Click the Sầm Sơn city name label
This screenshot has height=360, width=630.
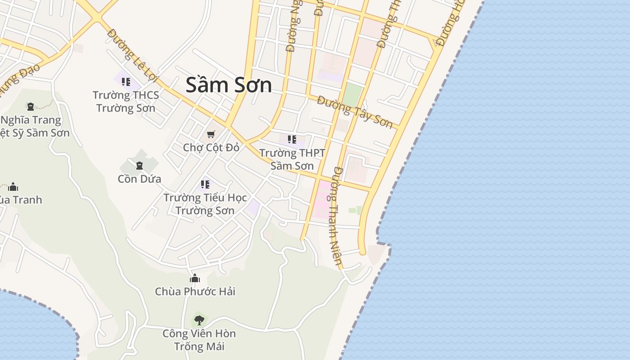(x=229, y=85)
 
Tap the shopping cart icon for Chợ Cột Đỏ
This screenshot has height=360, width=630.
(x=211, y=134)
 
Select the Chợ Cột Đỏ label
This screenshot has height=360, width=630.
(x=211, y=147)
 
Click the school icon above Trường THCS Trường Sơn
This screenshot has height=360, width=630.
(x=126, y=82)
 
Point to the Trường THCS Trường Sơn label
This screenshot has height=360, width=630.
(x=126, y=101)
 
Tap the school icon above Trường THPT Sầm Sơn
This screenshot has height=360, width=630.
(x=292, y=139)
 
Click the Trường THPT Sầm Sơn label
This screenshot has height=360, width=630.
(x=292, y=159)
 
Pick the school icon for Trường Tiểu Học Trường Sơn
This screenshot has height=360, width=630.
(x=205, y=184)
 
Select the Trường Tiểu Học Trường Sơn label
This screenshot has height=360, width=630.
(x=205, y=204)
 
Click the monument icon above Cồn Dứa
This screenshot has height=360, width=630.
(x=139, y=166)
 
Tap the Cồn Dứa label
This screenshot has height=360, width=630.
(x=139, y=179)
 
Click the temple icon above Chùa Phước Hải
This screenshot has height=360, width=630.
(x=195, y=279)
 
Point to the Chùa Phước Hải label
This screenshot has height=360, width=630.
(x=195, y=292)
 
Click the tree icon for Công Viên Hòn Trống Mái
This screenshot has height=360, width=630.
(x=199, y=320)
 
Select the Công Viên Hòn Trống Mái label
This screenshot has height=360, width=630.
(x=199, y=340)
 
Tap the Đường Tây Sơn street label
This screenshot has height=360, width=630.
(x=355, y=112)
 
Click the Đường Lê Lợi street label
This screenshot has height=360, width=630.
(x=134, y=56)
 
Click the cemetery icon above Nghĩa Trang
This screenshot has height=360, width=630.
(x=31, y=107)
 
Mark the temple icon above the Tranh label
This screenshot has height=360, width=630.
(x=13, y=187)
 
